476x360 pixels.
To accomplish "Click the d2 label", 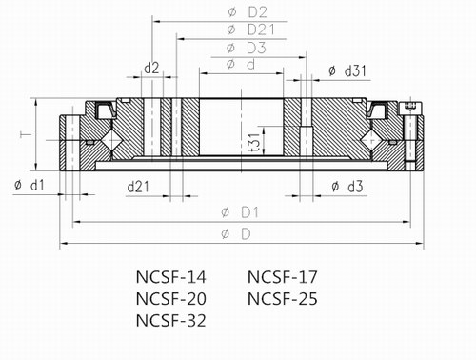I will click(150, 67).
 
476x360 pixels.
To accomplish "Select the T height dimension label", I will click(26, 136).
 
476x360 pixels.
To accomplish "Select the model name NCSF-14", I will click(170, 278).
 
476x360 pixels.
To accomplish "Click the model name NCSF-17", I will click(283, 278).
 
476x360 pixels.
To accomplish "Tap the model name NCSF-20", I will click(170, 299).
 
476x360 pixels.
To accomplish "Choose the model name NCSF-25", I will click(283, 299).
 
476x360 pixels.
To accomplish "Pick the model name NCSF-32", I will click(170, 321).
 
